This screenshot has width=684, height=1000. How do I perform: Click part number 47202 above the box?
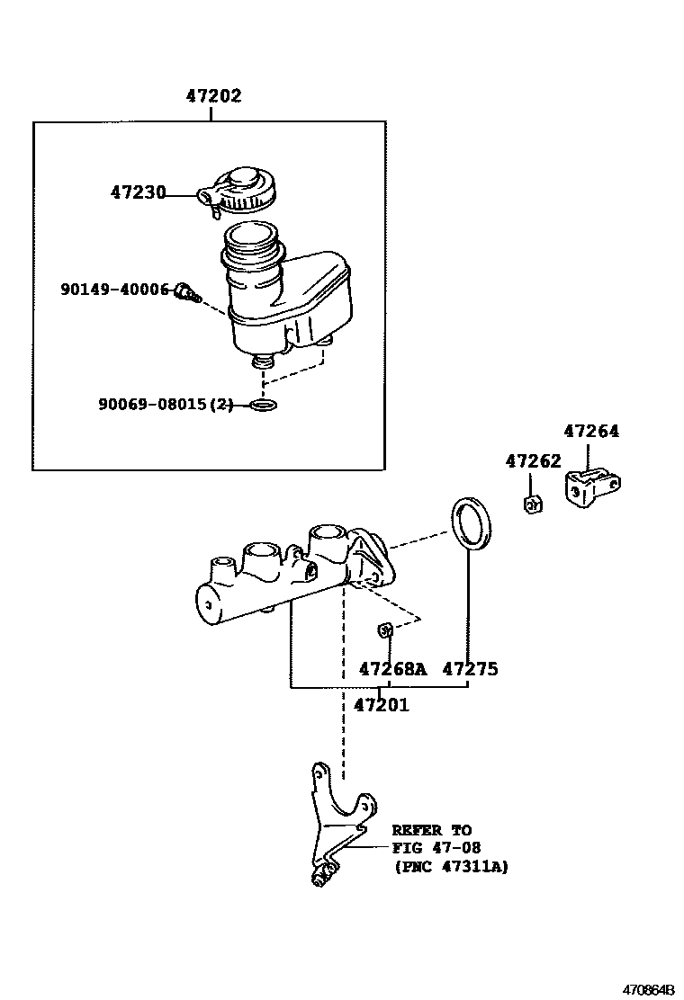click(x=213, y=96)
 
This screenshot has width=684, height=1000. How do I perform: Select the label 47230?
click(x=138, y=192)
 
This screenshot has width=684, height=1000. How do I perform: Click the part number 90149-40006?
click(x=115, y=290)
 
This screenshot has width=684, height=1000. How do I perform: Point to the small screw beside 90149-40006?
click(x=187, y=292)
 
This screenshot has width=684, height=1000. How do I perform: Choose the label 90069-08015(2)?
click(x=165, y=405)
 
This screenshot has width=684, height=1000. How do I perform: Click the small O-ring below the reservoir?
click(x=264, y=405)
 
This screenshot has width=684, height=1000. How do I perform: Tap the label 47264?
click(x=591, y=432)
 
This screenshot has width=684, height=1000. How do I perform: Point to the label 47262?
click(x=533, y=461)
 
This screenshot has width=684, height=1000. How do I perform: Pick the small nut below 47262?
click(x=532, y=504)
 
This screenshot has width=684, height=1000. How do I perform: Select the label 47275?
click(x=470, y=669)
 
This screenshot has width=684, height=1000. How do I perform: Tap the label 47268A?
click(x=391, y=669)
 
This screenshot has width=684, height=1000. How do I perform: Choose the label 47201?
click(x=381, y=705)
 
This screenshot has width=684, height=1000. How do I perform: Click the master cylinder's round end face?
click(x=209, y=604)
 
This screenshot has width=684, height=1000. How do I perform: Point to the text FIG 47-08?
click(x=436, y=848)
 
